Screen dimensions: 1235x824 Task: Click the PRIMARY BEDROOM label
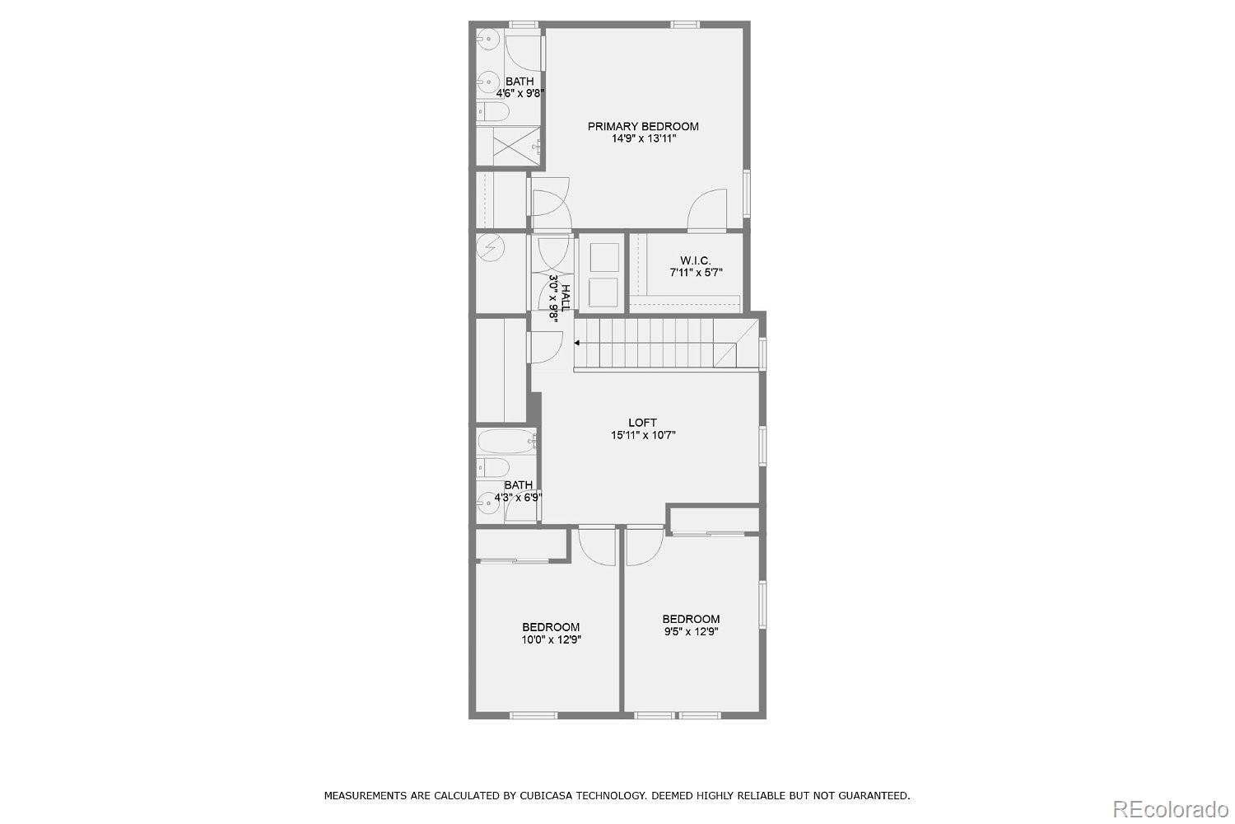[643, 126]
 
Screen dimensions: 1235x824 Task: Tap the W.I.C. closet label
[695, 260]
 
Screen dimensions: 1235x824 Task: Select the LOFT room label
[643, 423]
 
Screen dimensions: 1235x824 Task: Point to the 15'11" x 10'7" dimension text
[643, 435]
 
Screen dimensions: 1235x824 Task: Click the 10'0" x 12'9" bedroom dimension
[552, 639]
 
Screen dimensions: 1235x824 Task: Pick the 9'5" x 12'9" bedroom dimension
[691, 631]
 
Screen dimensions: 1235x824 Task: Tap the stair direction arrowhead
[576, 343]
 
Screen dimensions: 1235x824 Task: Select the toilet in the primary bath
[493, 112]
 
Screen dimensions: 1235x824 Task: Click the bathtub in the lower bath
[506, 441]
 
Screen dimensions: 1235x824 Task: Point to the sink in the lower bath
[488, 503]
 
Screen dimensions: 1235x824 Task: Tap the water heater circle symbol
[490, 247]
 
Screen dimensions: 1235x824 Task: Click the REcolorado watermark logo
[1171, 809]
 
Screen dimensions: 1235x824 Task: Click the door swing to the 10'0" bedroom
[597, 546]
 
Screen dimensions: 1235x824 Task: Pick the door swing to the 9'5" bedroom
[645, 546]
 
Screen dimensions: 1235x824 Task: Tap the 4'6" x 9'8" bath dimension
[520, 94]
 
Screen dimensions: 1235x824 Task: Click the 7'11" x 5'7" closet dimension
[696, 273]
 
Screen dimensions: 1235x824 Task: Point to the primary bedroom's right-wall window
[747, 193]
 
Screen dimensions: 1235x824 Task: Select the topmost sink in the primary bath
[488, 40]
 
